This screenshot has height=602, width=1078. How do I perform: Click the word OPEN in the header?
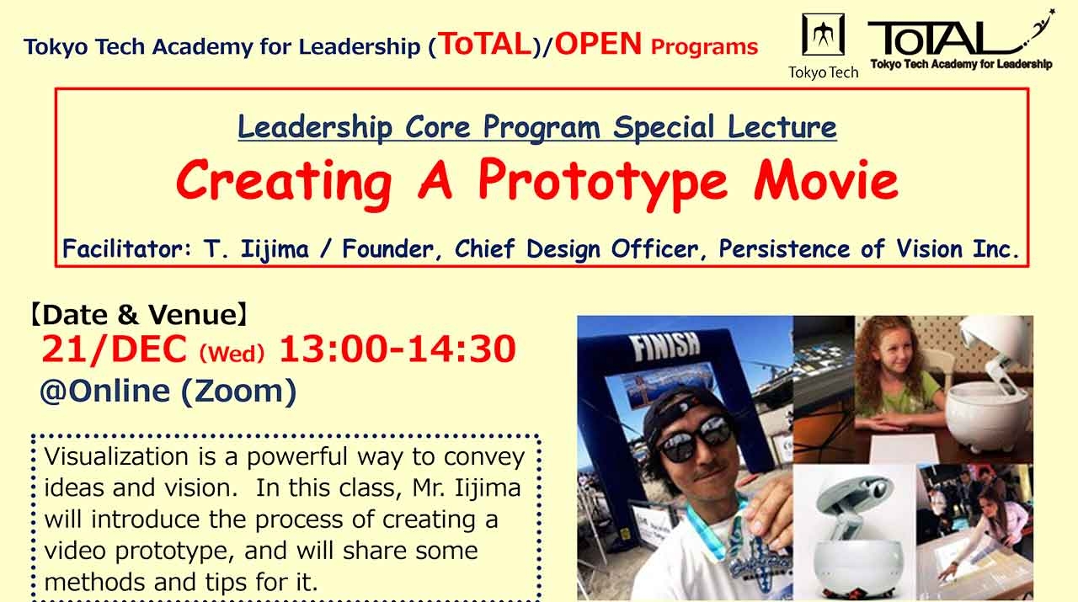coord(598,45)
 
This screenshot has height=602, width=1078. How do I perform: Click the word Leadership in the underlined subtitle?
coord(314,127)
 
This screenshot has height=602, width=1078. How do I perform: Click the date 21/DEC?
coord(114,349)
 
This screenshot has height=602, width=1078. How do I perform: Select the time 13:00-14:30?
coord(397,349)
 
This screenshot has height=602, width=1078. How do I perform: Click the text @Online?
coord(105,392)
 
